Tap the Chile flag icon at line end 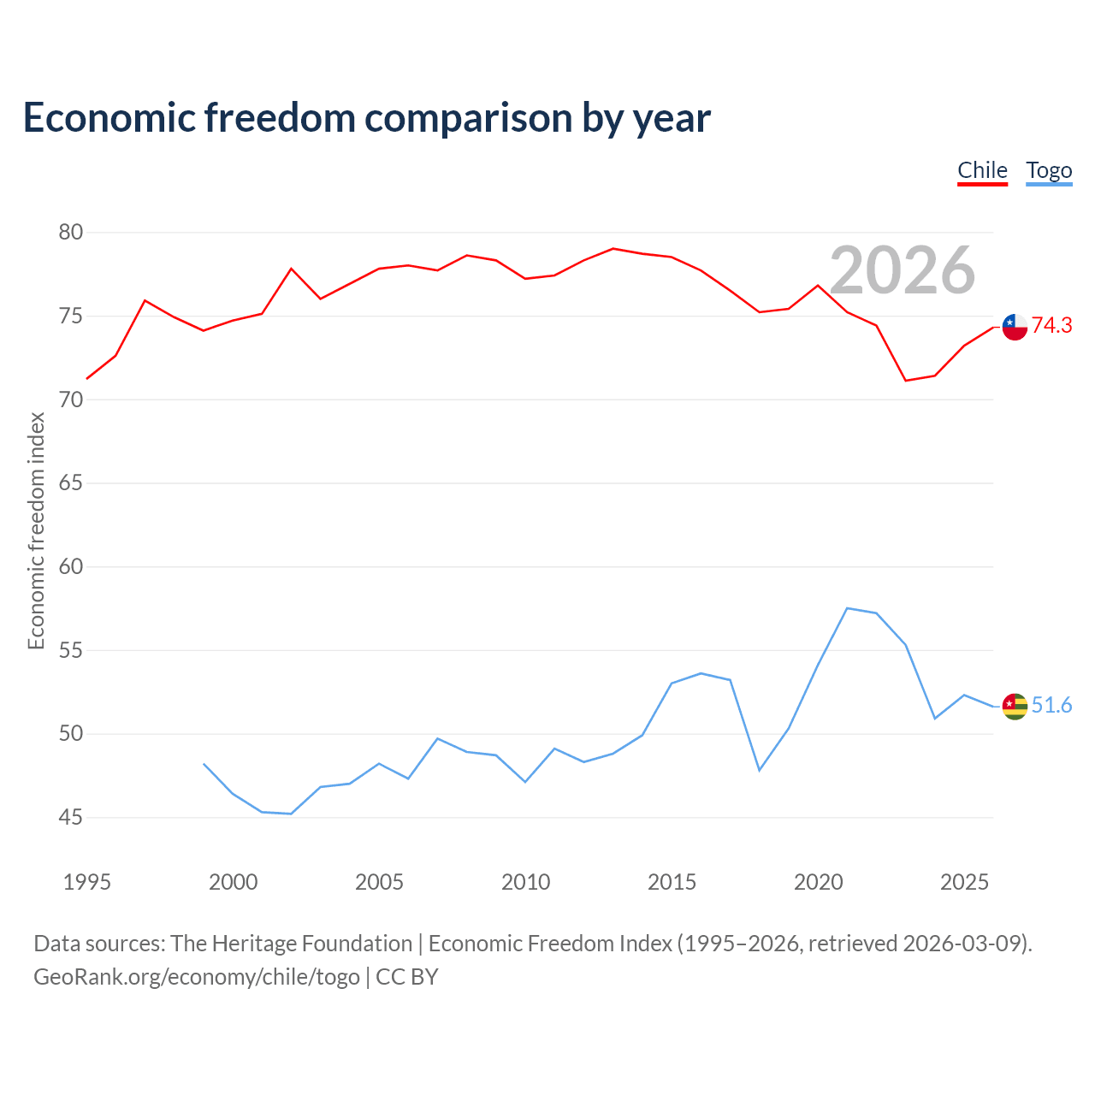click(x=1015, y=327)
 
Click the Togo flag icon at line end click(x=1015, y=707)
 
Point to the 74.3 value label click(x=1052, y=325)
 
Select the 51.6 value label click(x=1052, y=705)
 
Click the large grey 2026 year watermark click(x=903, y=270)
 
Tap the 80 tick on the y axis click(x=70, y=232)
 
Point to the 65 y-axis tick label click(x=70, y=482)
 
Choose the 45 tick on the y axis click(x=70, y=817)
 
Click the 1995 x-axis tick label click(x=87, y=882)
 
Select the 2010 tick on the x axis click(x=525, y=882)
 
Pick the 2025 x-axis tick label click(x=964, y=882)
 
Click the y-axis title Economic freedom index click(x=36, y=530)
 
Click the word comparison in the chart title click(x=468, y=119)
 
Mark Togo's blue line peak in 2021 click(x=847, y=608)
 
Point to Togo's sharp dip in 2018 click(x=759, y=771)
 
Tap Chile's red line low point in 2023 click(x=906, y=380)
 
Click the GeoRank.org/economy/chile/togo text click(x=197, y=977)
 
